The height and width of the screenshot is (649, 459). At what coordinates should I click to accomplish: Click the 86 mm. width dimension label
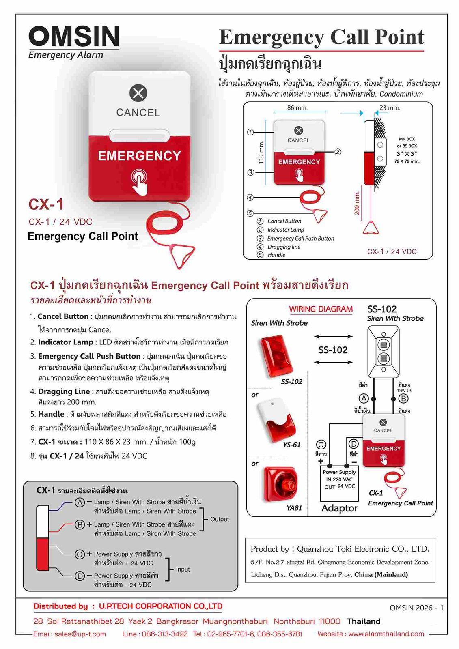pos(297,108)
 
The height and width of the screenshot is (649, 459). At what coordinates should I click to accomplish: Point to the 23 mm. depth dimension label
pos(390,108)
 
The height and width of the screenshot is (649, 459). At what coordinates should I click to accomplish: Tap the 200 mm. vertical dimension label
pos(357,203)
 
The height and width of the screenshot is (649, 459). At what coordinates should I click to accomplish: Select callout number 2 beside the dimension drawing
pos(338,152)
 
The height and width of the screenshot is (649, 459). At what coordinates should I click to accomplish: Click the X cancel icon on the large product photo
pos(138,94)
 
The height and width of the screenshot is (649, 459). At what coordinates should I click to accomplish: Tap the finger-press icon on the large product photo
pos(139,181)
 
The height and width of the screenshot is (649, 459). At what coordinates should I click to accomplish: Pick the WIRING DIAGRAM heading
pos(321,309)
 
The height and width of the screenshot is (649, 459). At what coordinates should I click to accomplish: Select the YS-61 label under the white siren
pos(291,445)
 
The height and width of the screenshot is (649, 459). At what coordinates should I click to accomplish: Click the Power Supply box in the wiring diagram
pos(339,479)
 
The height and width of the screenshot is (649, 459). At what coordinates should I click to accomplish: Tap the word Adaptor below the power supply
pos(339,508)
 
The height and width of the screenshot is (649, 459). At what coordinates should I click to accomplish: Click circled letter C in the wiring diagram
pos(321,445)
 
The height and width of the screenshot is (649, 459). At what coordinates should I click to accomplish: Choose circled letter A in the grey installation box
pos(80,502)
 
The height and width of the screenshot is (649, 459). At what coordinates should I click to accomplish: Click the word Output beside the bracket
pos(219,519)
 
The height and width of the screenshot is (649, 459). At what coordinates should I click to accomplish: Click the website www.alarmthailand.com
pos(386,634)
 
